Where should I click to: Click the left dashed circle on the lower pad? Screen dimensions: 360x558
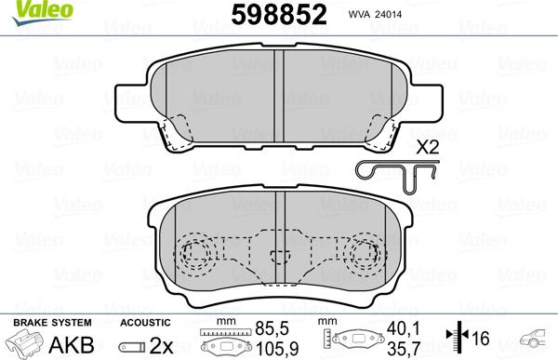[x=194, y=252]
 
